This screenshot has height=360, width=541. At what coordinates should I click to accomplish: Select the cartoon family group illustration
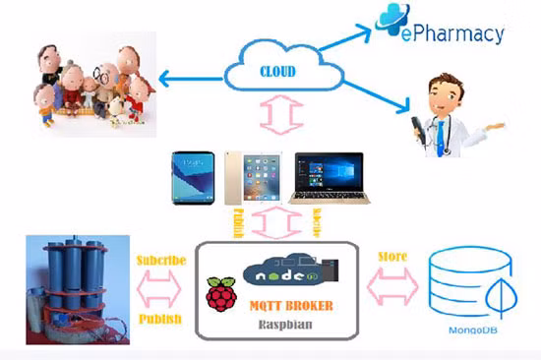point(89,84)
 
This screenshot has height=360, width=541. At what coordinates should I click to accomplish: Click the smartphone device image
point(196,177)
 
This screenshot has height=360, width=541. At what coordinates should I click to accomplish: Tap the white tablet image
point(251,177)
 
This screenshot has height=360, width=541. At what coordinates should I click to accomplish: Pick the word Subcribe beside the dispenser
point(162,263)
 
